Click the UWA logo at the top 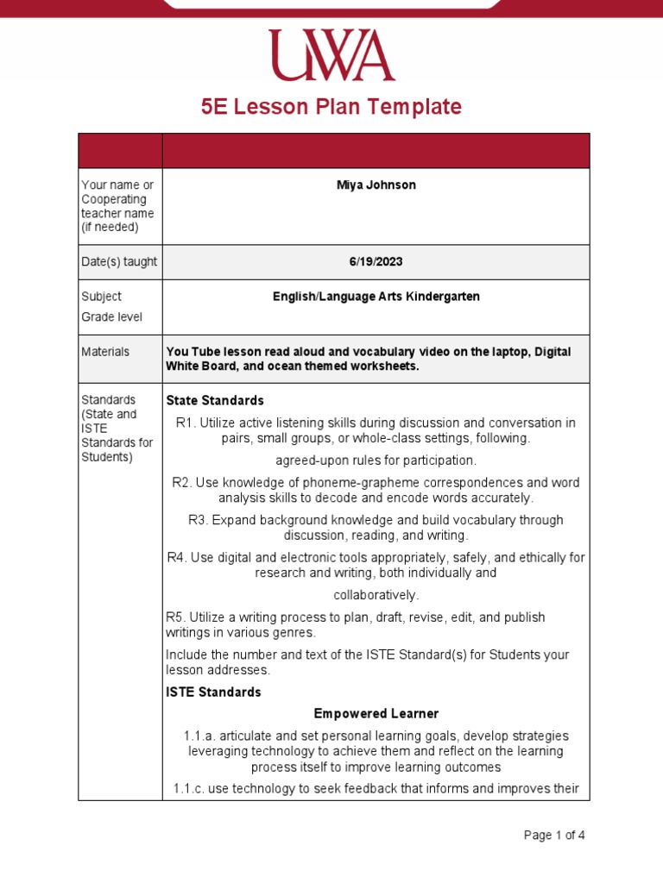(x=331, y=55)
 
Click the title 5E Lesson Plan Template (x=331, y=107)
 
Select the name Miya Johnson (x=376, y=185)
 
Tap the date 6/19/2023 (x=376, y=261)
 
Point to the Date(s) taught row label (x=119, y=261)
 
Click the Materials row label (x=105, y=352)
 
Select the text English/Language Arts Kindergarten (x=376, y=297)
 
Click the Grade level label (x=111, y=317)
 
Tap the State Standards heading (x=215, y=401)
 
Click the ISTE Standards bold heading (x=213, y=692)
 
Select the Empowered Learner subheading (x=376, y=714)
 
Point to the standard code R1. (x=184, y=423)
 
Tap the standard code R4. (x=176, y=558)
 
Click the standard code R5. (x=175, y=617)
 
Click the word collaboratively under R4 (x=376, y=595)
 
